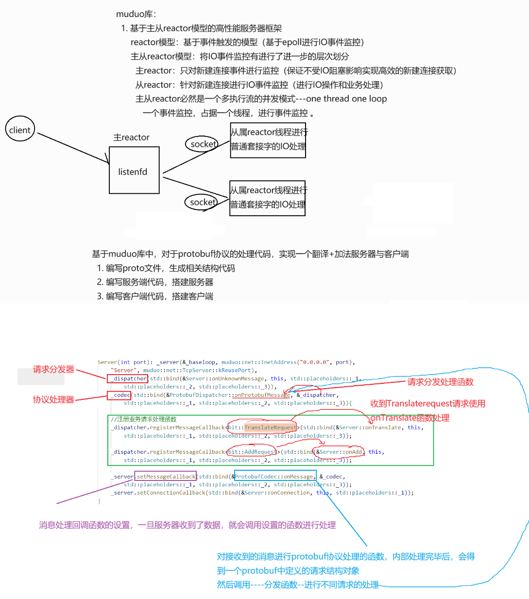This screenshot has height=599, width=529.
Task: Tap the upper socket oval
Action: coord(202,144)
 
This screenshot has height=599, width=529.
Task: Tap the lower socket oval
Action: coord(202,202)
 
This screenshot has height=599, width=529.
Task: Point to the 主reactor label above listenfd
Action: coord(131,137)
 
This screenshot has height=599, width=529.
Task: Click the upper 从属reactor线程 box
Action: coord(268,140)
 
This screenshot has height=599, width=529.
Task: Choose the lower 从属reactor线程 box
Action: coord(267,198)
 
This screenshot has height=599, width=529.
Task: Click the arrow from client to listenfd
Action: coord(73,148)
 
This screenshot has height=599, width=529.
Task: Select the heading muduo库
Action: coord(136,14)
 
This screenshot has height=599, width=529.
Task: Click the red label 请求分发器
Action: coord(53,369)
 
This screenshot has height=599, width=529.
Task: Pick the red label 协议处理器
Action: coord(53,399)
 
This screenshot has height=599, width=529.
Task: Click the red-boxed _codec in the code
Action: coord(119,395)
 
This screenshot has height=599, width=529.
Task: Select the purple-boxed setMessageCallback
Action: coord(166,477)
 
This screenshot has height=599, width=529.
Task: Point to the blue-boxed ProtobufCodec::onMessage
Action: coord(275,477)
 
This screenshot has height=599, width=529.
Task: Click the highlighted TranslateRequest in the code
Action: coord(270,428)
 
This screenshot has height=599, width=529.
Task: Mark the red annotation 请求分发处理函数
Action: coord(440,382)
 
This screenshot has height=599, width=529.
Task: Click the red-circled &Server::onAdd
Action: coord(340,452)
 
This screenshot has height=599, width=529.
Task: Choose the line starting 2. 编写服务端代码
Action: coord(155,282)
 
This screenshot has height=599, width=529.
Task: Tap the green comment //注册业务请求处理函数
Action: coord(143,419)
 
